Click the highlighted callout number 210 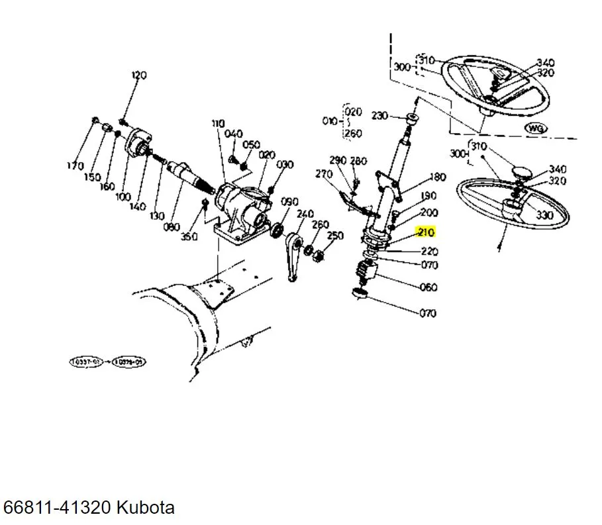tap(424, 232)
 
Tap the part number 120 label tap(138, 75)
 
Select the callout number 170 tap(75, 166)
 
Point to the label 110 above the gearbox tap(219, 124)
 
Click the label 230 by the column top tap(379, 116)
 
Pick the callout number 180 tap(438, 177)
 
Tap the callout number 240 tap(305, 214)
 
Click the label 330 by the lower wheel tap(544, 215)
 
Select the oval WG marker tap(534, 128)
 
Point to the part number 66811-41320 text tap(58, 508)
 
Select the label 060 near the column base tap(428, 287)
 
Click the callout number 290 tap(338, 161)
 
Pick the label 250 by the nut tap(336, 236)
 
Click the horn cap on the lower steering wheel tap(522, 173)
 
